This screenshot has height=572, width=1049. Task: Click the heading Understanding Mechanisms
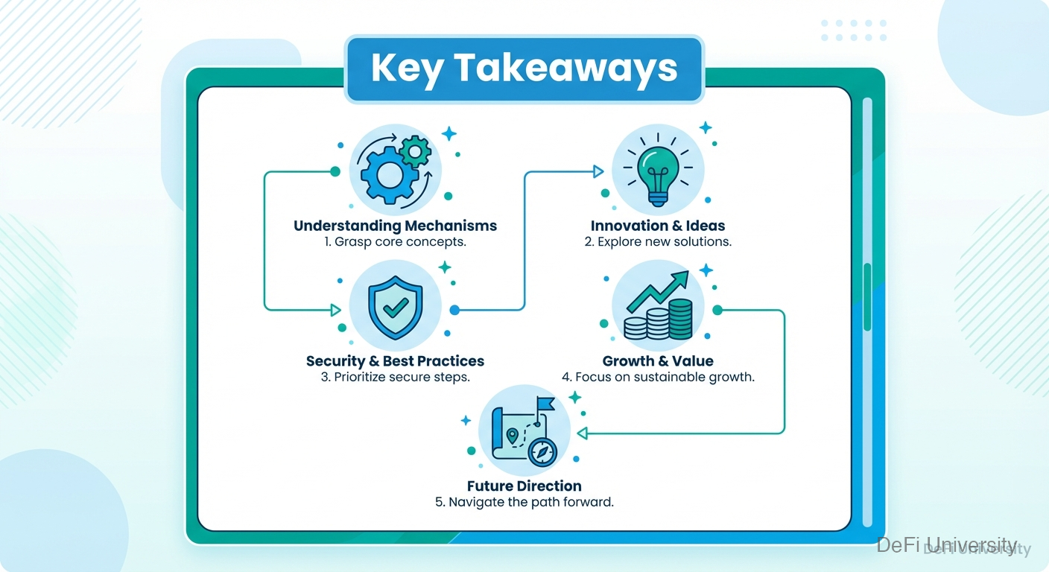click(395, 226)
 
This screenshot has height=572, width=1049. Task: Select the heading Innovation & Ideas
click(657, 226)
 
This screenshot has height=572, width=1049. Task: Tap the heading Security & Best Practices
click(395, 361)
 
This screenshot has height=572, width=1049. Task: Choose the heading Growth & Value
click(657, 361)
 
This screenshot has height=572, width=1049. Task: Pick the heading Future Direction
click(524, 486)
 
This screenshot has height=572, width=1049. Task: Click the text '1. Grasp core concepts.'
click(395, 242)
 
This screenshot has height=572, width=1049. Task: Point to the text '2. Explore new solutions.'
click(657, 242)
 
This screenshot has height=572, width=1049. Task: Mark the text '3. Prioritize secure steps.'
click(395, 377)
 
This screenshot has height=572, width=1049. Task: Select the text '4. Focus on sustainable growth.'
click(657, 377)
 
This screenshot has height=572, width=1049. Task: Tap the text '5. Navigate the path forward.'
click(524, 502)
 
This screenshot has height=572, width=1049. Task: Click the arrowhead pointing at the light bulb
click(598, 172)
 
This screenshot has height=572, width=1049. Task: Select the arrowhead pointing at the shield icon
click(335, 309)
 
